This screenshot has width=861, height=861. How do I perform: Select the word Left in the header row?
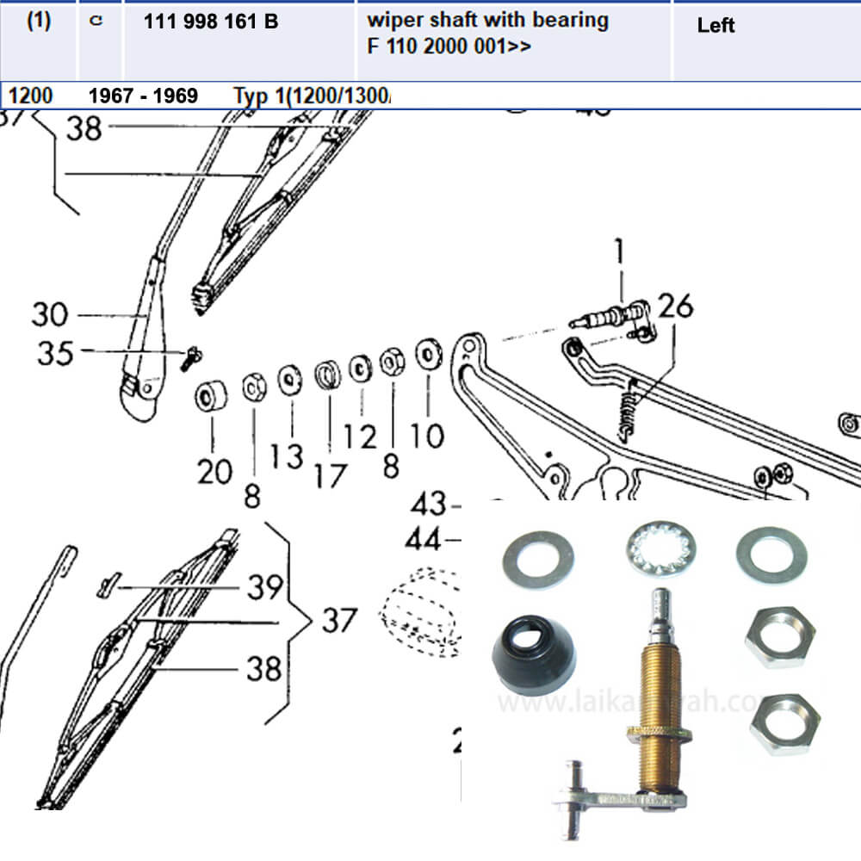point(715,26)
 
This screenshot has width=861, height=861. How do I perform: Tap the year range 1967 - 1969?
point(143,96)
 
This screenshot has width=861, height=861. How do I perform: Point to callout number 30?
point(50,315)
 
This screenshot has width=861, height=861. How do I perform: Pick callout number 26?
point(676,307)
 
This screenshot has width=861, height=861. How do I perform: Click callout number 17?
point(330,475)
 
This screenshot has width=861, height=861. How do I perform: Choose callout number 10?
point(427,435)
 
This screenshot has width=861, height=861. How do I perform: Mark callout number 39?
point(264,587)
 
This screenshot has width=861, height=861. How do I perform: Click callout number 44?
point(426,541)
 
